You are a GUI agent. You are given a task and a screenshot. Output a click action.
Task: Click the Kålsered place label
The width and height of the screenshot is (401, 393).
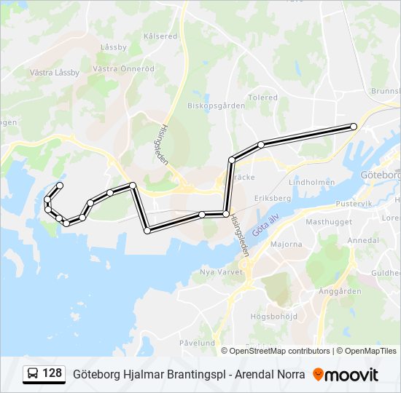pyautogui.click(x=160, y=36)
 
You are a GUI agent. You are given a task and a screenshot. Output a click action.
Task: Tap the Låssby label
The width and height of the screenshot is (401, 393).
pyautogui.click(x=113, y=47)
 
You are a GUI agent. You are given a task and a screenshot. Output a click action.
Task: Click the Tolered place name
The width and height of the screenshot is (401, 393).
pyautogui.click(x=262, y=97)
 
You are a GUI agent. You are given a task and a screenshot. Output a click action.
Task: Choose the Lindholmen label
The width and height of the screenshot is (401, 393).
pyautogui.click(x=311, y=182)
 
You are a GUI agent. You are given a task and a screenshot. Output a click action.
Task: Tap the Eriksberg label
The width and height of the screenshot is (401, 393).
pyautogui.click(x=272, y=198)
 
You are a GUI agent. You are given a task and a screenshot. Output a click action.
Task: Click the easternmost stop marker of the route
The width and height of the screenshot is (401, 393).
pyautogui.click(x=354, y=127)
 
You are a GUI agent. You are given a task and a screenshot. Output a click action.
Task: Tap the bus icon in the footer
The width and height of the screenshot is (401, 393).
pyautogui.click(x=34, y=374)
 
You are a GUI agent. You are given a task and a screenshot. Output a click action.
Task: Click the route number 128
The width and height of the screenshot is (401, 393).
pyautogui.click(x=52, y=373)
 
